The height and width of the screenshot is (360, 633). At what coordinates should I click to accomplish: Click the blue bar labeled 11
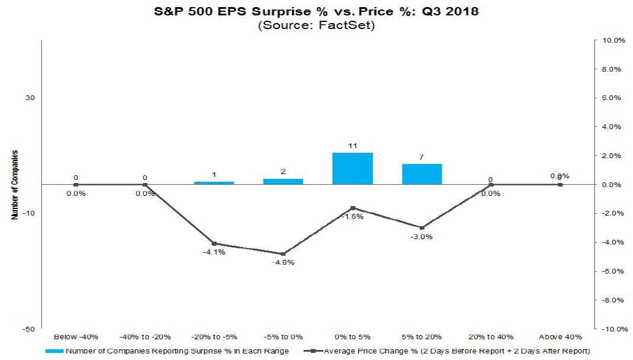tap(352, 169)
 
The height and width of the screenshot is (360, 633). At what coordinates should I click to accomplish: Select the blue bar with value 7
tap(422, 174)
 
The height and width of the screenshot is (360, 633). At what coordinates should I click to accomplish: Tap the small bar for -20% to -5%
tap(214, 183)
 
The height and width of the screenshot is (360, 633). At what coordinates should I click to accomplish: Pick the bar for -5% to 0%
tap(283, 181)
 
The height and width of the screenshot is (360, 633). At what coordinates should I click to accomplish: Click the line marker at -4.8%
tap(283, 254)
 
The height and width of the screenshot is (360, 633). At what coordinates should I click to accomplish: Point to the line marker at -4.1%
tap(214, 243)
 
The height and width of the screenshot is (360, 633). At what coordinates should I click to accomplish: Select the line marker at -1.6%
tap(352, 208)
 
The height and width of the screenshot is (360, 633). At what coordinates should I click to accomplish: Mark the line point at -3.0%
tap(422, 228)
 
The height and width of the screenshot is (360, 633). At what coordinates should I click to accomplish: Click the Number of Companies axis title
tap(14, 185)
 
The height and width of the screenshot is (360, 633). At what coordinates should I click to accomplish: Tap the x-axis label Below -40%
tap(75, 337)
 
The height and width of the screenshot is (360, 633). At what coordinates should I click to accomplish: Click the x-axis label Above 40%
tap(560, 337)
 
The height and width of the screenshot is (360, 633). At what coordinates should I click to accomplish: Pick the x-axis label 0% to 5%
tap(352, 337)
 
